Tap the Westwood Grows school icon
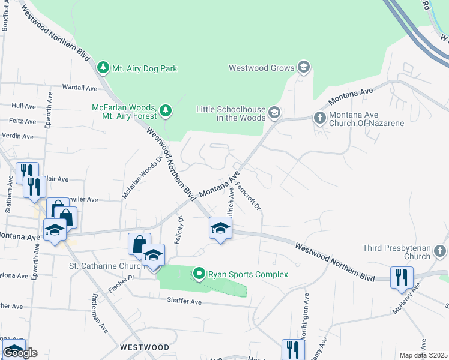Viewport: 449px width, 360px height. click(x=303, y=68)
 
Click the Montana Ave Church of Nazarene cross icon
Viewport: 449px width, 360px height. click(x=319, y=118)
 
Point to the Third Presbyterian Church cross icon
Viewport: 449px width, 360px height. click(x=440, y=251)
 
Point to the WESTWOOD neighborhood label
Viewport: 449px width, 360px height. click(x=144, y=347)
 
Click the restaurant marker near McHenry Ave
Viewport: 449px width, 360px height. click(x=401, y=278)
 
